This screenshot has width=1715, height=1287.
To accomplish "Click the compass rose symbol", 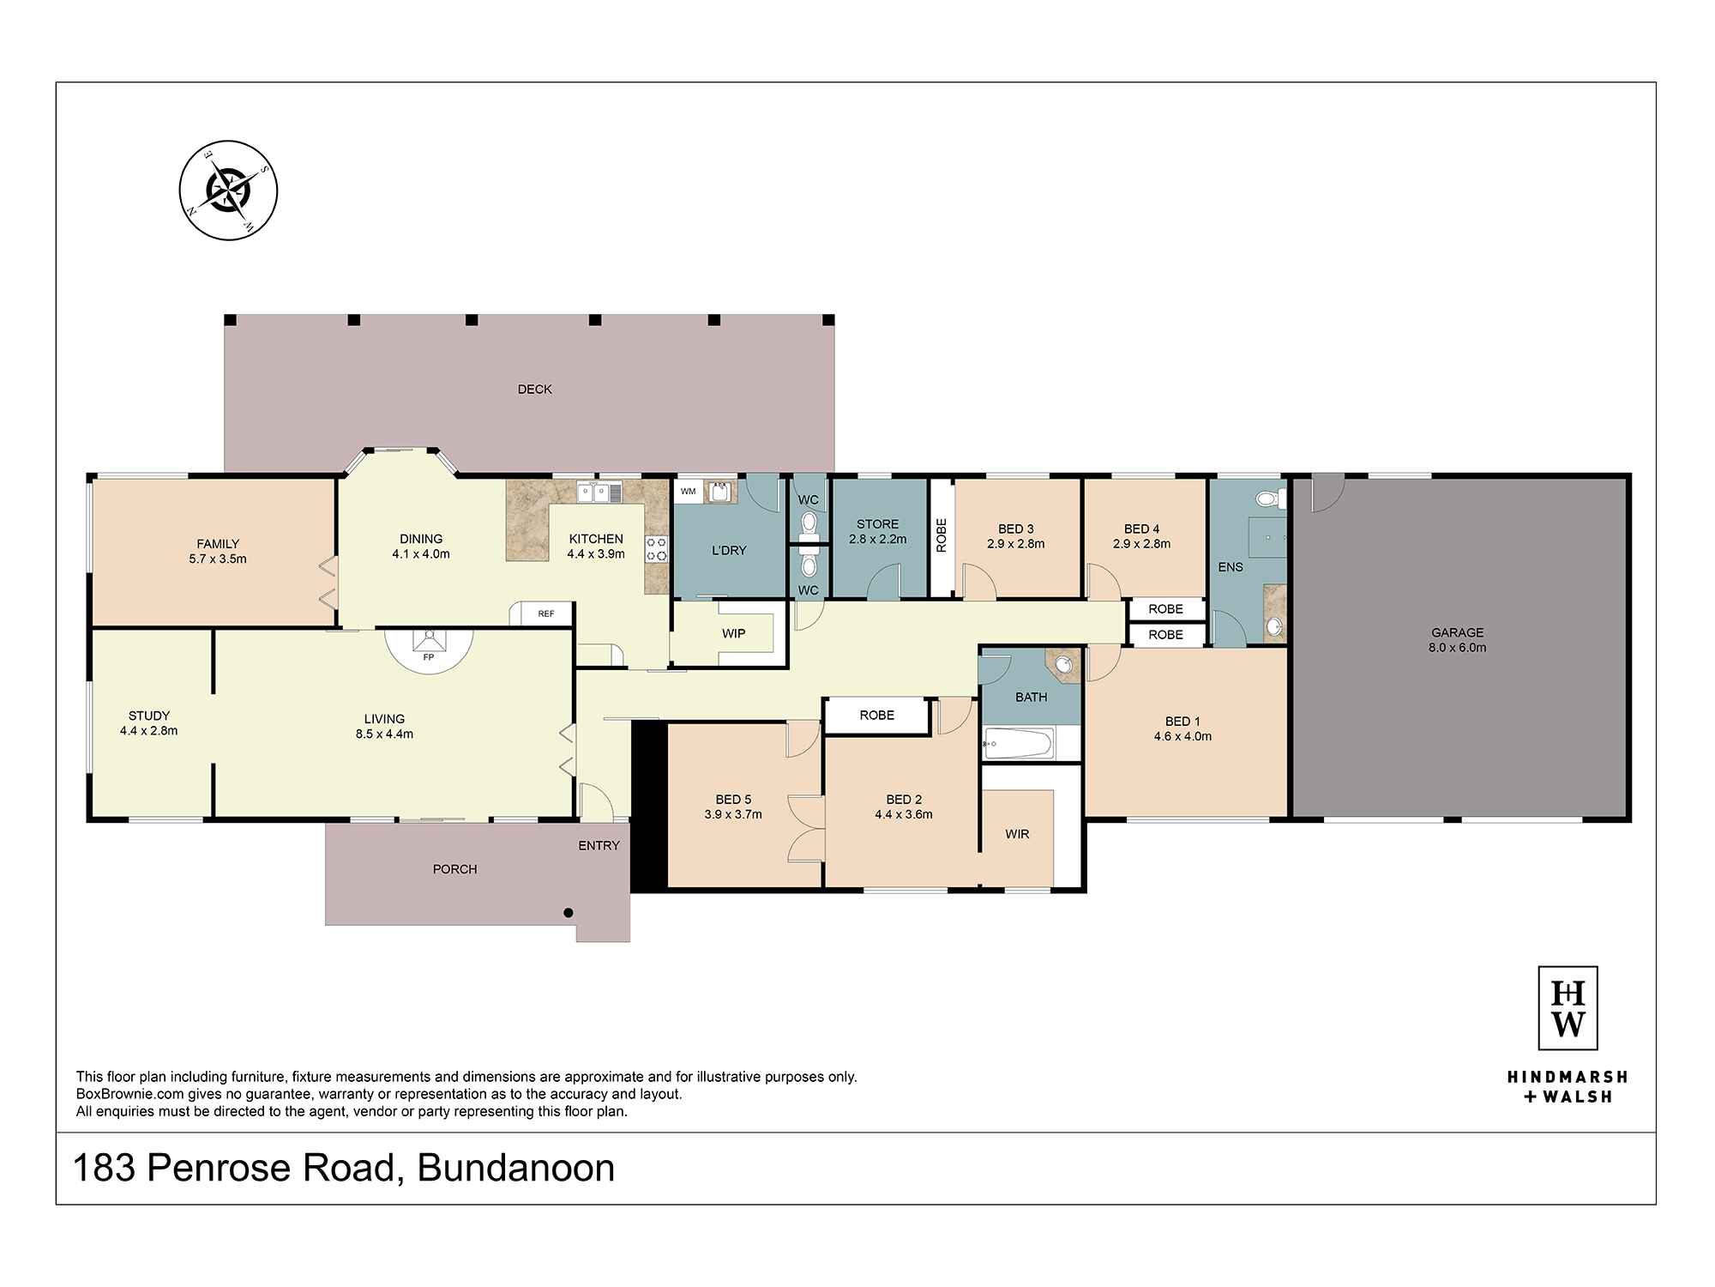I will [x=228, y=190].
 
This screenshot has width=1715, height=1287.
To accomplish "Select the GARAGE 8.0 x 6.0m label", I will [x=1458, y=640].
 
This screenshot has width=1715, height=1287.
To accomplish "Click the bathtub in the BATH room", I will [x=1018, y=744].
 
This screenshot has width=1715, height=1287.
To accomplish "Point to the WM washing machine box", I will [x=688, y=492].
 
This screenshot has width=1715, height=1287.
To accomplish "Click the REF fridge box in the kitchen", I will [x=545, y=613].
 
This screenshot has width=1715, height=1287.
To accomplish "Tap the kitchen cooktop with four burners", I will [x=657, y=549].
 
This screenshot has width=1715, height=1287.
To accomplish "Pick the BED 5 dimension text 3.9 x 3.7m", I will [x=733, y=814].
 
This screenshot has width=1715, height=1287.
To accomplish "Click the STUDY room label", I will [x=149, y=716].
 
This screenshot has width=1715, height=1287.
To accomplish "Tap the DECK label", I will [x=534, y=390].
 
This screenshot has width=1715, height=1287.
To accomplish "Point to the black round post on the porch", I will [x=568, y=913].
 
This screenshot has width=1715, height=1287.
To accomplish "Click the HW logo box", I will [x=1568, y=1007].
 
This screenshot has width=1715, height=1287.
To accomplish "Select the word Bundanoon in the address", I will [x=516, y=1169].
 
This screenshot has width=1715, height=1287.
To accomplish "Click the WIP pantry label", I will [x=733, y=633].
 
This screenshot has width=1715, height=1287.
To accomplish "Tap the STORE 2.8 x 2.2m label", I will [x=877, y=531].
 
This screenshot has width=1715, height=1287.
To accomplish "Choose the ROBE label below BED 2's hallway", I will [x=876, y=715].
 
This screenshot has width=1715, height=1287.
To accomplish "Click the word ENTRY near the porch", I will [x=599, y=846].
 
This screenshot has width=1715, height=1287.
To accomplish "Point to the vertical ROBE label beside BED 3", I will [x=942, y=535].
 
